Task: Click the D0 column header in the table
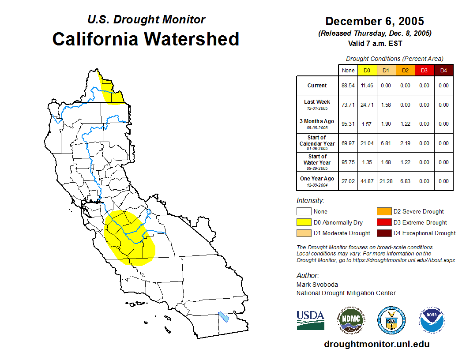pyautogui.click(x=367, y=70)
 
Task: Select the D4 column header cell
pyautogui.click(x=443, y=70)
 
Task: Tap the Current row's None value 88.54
pyautogui.click(x=348, y=86)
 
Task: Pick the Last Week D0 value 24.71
pyautogui.click(x=367, y=105)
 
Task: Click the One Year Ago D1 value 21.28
pyautogui.click(x=386, y=181)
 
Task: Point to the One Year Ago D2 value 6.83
pyautogui.click(x=405, y=181)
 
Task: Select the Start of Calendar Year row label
pyautogui.click(x=317, y=143)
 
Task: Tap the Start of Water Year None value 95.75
pyautogui.click(x=348, y=162)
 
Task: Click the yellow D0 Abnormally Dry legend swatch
pyautogui.click(x=304, y=222)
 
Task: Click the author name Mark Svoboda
pyautogui.click(x=317, y=285)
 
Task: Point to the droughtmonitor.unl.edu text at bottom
pyautogui.click(x=376, y=344)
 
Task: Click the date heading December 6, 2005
pyautogui.click(x=375, y=21)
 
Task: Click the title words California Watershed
pyautogui.click(x=146, y=39)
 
